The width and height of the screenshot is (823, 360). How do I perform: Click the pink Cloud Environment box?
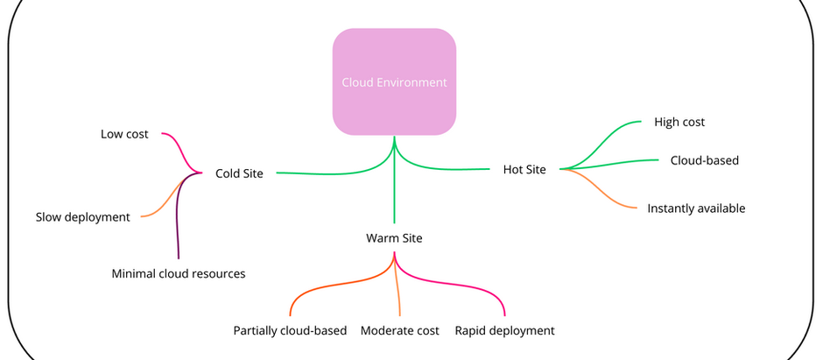click(x=394, y=82)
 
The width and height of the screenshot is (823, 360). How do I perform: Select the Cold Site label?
click(x=239, y=173)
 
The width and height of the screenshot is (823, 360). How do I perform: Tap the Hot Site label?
click(x=524, y=169)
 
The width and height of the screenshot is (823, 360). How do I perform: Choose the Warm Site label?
click(x=394, y=237)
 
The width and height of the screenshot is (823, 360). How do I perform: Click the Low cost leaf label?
click(x=124, y=134)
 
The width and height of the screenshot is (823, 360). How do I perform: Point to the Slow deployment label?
click(x=82, y=216)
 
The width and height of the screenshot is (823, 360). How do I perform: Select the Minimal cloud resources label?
click(x=179, y=273)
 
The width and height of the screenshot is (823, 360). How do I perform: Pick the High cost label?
click(x=679, y=122)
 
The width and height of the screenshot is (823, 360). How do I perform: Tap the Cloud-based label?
click(x=704, y=160)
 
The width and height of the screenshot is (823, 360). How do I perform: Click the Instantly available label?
click(x=696, y=208)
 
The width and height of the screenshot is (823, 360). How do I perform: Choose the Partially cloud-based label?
click(x=290, y=330)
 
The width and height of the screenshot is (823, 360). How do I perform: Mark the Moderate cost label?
click(x=399, y=330)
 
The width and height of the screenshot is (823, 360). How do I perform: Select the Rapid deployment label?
click(x=504, y=330)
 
